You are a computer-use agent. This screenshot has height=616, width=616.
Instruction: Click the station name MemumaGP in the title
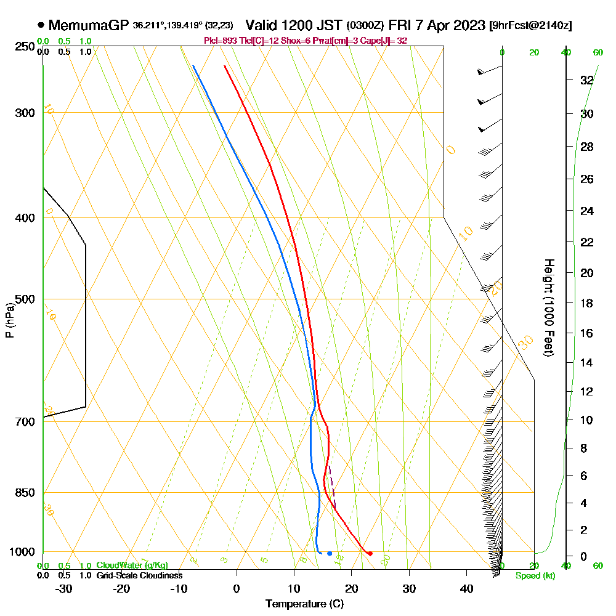[x=89, y=25]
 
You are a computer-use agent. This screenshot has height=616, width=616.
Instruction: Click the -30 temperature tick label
[x=63, y=588]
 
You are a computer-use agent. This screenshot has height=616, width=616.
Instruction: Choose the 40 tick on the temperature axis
[x=466, y=588]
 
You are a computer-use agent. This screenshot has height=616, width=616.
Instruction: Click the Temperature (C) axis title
[x=304, y=604]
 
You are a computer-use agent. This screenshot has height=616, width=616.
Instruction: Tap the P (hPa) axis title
[x=9, y=320]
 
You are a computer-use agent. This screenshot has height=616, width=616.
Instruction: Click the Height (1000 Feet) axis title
[x=548, y=307]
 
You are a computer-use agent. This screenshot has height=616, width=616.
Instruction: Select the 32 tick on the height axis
[x=587, y=80]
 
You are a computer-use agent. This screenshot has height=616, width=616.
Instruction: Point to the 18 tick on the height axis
[x=587, y=303]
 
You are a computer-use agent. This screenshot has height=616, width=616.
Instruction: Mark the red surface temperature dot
[x=370, y=553]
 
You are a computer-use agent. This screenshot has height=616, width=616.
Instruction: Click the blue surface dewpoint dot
[x=330, y=553]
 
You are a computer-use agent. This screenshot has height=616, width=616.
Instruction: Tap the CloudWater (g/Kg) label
[x=132, y=565]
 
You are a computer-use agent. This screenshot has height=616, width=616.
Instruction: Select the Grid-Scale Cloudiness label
[x=139, y=575]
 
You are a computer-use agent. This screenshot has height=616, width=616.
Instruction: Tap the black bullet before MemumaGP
[x=41, y=25]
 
